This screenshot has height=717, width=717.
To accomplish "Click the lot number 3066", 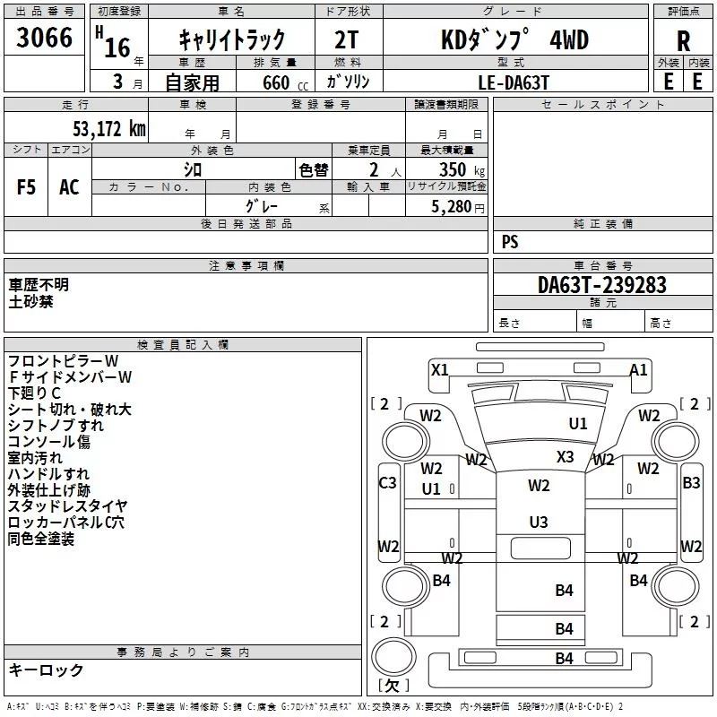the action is click(44, 38).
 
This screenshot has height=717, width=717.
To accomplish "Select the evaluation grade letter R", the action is click(683, 41).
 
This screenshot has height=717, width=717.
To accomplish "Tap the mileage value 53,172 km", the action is click(109, 129).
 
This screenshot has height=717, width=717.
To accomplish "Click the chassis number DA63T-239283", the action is click(601, 285).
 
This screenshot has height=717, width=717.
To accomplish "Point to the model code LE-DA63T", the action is click(513, 82).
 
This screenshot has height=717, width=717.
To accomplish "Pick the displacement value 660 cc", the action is click(285, 83).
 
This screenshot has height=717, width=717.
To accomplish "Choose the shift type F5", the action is click(26, 187).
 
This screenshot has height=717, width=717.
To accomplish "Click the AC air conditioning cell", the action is click(70, 187).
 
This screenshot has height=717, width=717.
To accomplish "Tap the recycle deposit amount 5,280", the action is click(452, 207).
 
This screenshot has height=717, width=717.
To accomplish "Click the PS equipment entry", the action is click(510, 242).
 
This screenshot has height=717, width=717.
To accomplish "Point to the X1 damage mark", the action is click(440, 369).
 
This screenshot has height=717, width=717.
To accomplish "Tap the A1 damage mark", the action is click(638, 369).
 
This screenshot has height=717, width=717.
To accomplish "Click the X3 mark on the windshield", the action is click(566, 456).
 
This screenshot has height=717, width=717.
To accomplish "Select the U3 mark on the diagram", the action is click(539, 522).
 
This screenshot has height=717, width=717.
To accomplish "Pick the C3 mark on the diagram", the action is click(388, 482).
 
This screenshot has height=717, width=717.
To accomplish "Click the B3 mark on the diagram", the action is click(691, 482).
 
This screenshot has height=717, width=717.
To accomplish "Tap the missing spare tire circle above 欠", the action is click(393, 656).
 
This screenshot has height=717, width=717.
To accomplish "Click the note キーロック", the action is click(46, 670).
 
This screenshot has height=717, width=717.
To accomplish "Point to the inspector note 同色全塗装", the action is click(40, 539).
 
